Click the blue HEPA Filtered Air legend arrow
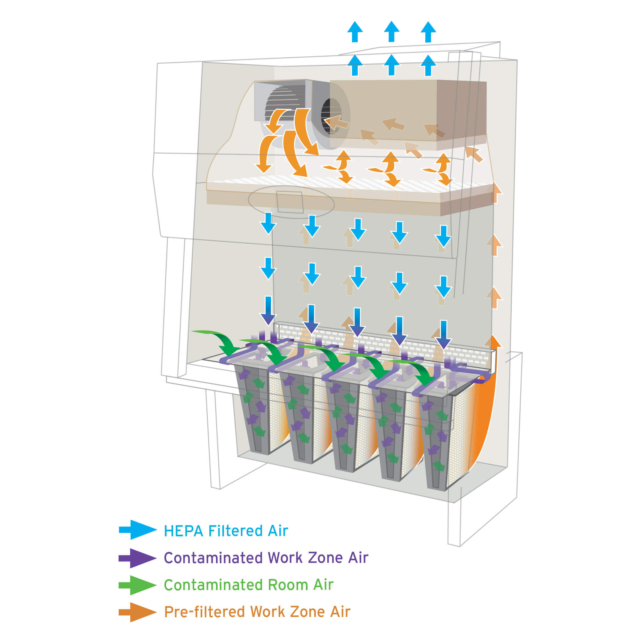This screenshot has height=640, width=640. pos(138,530)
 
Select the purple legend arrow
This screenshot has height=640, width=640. pos(138,558)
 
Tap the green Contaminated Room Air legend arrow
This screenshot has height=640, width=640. pos(138,585)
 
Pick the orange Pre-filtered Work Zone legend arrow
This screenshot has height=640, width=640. pos(138,612)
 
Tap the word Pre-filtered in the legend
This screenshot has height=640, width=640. pos(204,612)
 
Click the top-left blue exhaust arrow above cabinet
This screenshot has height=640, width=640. pos(355,32)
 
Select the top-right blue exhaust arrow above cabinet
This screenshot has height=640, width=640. pos(428,32)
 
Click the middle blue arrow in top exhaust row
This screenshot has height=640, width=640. pos(392,32)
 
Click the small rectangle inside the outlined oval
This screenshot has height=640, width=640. pos(290,202)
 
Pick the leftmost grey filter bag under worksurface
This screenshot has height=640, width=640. pos(253,411)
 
